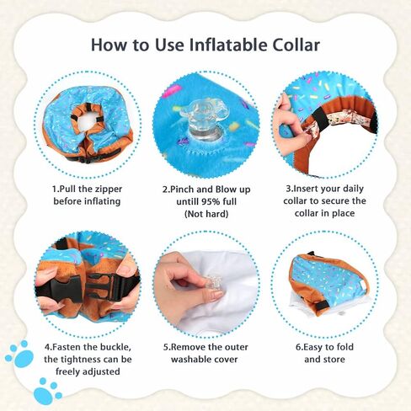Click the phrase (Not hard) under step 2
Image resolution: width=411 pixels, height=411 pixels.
(206, 214)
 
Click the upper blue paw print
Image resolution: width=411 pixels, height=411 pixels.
(20, 355)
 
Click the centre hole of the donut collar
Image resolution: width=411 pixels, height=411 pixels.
(86, 123)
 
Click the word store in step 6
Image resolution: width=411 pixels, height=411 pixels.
(334, 360)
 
